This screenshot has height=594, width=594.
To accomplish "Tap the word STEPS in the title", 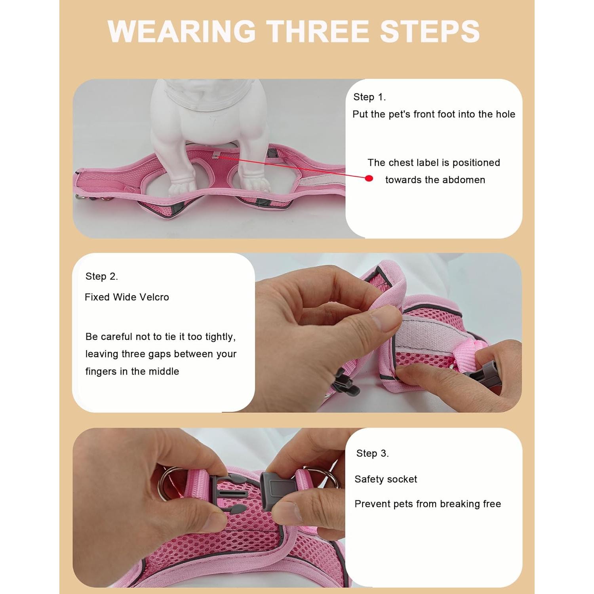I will coord(430,31).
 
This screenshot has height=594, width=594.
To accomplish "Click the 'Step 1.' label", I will coord(369,97).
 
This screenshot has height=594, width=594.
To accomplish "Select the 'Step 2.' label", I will coord(102,276).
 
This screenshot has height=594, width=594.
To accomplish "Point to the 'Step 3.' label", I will coord(372,453).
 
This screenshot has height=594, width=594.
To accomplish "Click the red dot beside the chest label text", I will coord(369,179).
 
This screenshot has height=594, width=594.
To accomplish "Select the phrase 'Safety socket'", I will coord(386,479).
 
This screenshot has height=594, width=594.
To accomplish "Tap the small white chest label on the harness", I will coord(216,155).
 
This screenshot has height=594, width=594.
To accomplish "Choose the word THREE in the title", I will coord(317,31).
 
